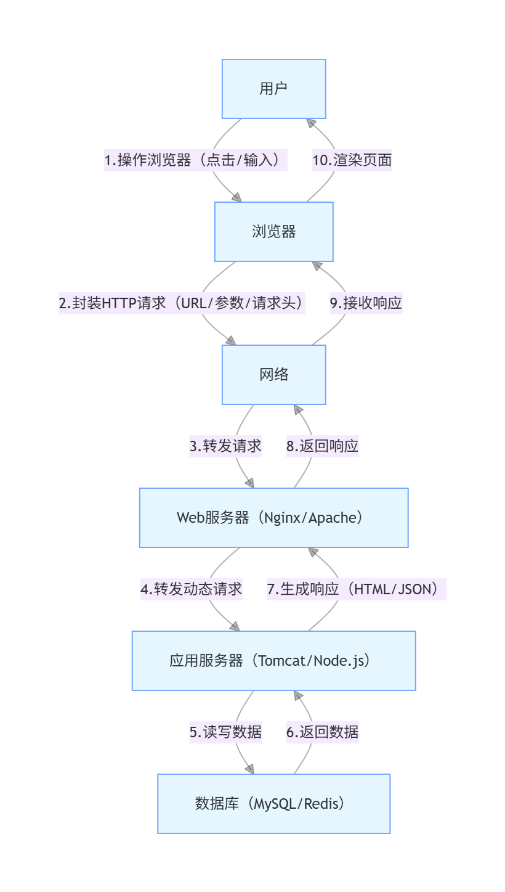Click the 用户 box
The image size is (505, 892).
point(273,89)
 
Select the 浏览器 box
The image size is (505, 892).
point(273,232)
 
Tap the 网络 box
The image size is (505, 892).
point(273,375)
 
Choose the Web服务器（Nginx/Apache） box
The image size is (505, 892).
point(273,518)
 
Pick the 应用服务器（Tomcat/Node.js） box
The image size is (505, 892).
point(273,661)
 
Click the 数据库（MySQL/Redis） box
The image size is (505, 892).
point(273,804)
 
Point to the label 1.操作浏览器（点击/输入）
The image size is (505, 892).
point(195,160)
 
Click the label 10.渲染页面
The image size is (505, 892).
point(352,160)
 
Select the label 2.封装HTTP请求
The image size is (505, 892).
point(182,303)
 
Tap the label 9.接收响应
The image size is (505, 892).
point(366,303)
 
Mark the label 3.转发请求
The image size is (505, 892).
point(225,446)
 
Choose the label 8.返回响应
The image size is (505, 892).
point(322,446)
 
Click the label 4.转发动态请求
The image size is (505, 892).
point(191,589)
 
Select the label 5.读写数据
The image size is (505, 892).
point(225,732)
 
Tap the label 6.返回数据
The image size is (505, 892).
point(322,732)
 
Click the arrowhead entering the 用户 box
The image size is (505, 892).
point(311,123)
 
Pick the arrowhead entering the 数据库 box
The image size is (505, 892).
point(249,769)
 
